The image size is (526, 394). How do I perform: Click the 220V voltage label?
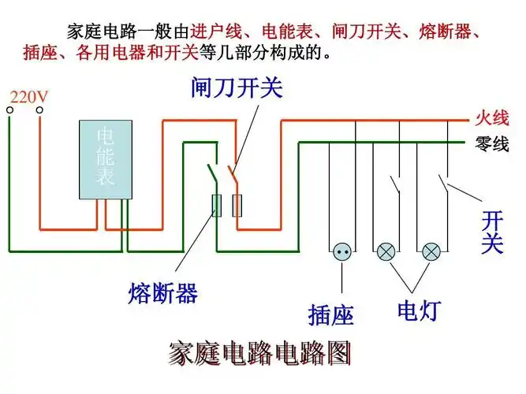[x=28, y=97]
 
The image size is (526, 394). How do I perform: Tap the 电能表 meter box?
[x=105, y=160]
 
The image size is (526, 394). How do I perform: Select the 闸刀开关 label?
[x=237, y=86]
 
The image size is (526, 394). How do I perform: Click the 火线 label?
[x=491, y=119]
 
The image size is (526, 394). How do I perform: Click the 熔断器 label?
[x=162, y=294]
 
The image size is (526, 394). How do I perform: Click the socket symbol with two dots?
[x=342, y=251]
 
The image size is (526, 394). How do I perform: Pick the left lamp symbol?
[x=386, y=251]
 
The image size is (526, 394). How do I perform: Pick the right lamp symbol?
[x=431, y=251]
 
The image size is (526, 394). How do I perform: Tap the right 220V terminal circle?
[x=39, y=110]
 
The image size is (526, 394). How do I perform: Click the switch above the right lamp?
[x=443, y=187]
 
